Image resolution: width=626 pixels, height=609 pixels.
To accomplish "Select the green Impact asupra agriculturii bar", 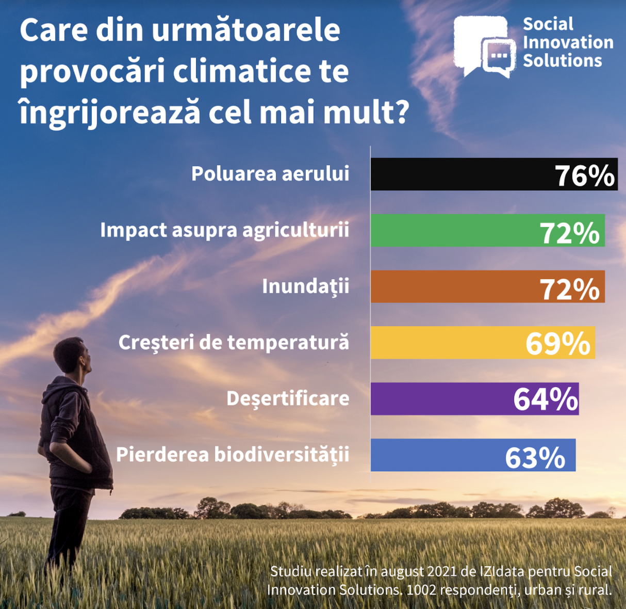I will [x=454, y=231].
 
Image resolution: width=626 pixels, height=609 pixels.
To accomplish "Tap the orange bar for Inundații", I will [x=454, y=287].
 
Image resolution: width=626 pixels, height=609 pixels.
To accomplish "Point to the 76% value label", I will [x=585, y=175].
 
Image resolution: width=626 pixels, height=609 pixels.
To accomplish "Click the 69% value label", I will [x=558, y=344].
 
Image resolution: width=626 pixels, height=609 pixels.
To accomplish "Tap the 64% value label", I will [x=546, y=399].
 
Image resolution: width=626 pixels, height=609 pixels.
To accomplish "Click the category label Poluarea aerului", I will [x=270, y=174].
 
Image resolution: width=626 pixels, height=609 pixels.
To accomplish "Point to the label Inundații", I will [x=305, y=286].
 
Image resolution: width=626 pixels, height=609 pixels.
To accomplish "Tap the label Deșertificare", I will [x=288, y=398].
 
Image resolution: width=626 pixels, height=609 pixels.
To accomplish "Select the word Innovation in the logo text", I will [x=568, y=42].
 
